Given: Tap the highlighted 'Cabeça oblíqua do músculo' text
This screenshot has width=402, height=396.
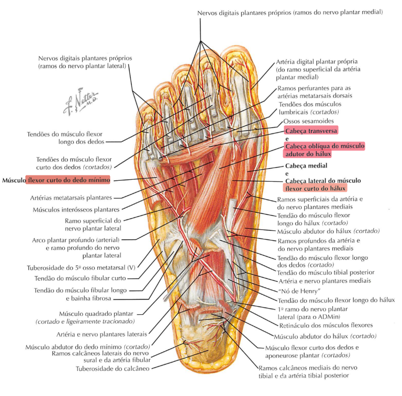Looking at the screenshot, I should click(324, 146).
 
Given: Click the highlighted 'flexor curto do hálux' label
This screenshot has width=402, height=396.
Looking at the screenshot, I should click(316, 188).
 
